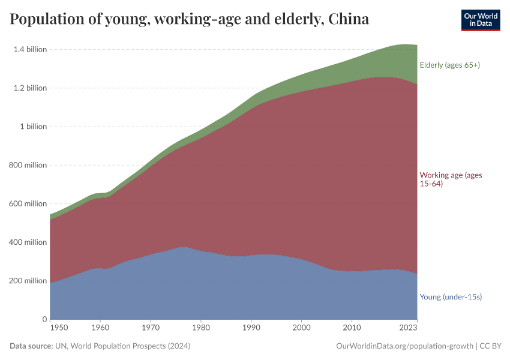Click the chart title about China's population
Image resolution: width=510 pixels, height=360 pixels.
tap(190, 19)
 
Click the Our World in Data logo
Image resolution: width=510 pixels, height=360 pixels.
tap(480, 20)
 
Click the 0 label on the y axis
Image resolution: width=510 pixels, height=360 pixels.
tap(44, 319)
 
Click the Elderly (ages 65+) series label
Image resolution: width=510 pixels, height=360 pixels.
tap(449, 65)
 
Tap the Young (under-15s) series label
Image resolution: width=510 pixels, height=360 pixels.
tap(451, 297)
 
